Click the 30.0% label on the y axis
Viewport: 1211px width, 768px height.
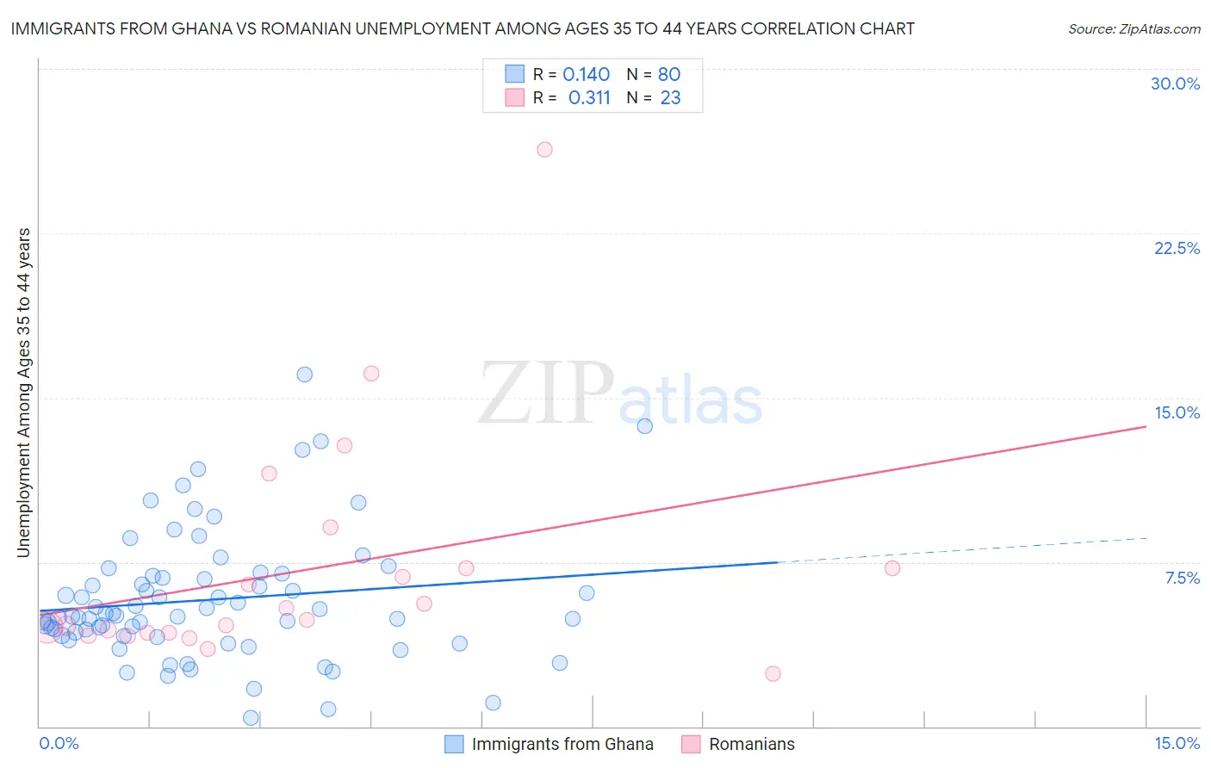pyautogui.click(x=1175, y=84)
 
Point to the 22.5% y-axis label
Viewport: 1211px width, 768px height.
pyautogui.click(x=1177, y=248)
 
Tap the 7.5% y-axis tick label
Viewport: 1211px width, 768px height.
pyautogui.click(x=1182, y=578)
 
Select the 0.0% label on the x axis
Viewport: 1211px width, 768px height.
pyautogui.click(x=59, y=744)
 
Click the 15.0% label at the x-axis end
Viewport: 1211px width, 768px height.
pyautogui.click(x=1177, y=744)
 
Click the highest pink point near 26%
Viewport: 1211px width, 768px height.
pyautogui.click(x=544, y=150)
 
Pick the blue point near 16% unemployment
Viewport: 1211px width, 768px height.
pyautogui.click(x=304, y=375)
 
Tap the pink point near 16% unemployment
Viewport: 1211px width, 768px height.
pyautogui.click(x=371, y=374)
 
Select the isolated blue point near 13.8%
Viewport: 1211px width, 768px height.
pyautogui.click(x=644, y=426)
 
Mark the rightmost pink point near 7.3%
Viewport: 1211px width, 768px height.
pyautogui.click(x=892, y=568)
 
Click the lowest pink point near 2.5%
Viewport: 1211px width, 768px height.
pyautogui.click(x=773, y=674)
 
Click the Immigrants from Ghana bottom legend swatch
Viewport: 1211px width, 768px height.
pyautogui.click(x=454, y=744)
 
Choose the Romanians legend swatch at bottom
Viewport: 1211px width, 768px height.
pyautogui.click(x=691, y=744)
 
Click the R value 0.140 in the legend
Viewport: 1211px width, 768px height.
pyautogui.click(x=586, y=75)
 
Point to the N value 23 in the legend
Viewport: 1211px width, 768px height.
pyautogui.click(x=670, y=98)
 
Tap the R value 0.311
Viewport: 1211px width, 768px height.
pyautogui.click(x=589, y=98)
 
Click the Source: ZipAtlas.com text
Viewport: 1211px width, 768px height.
pyautogui.click(x=1133, y=29)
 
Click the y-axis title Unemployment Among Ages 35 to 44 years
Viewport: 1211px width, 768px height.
pyautogui.click(x=24, y=393)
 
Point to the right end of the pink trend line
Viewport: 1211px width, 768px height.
pyautogui.click(x=1146, y=426)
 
